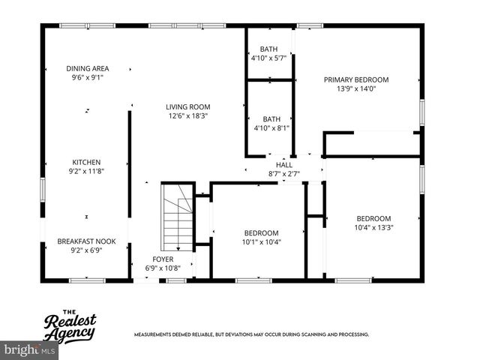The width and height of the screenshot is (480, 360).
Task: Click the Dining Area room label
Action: (87, 68)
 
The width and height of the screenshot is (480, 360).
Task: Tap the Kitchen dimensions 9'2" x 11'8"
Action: (86, 171)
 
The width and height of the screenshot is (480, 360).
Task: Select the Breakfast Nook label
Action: (86, 241)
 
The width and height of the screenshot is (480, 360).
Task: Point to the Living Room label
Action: (187, 106)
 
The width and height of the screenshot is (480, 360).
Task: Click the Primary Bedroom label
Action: (356, 79)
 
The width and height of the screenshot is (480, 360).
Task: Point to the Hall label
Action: (284, 165)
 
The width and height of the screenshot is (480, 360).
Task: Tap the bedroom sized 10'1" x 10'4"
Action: (260, 237)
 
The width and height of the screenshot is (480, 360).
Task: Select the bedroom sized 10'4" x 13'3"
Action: (373, 223)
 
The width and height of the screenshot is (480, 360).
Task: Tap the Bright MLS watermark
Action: (30, 349)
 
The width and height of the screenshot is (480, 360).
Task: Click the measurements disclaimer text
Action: (251, 334)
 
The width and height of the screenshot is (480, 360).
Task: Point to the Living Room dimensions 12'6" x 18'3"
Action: (187, 116)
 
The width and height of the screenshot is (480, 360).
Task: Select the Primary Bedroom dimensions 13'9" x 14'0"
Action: (356, 88)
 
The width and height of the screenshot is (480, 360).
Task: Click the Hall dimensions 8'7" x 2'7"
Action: (284, 174)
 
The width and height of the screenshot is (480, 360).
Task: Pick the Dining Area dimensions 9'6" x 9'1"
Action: (87, 77)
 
